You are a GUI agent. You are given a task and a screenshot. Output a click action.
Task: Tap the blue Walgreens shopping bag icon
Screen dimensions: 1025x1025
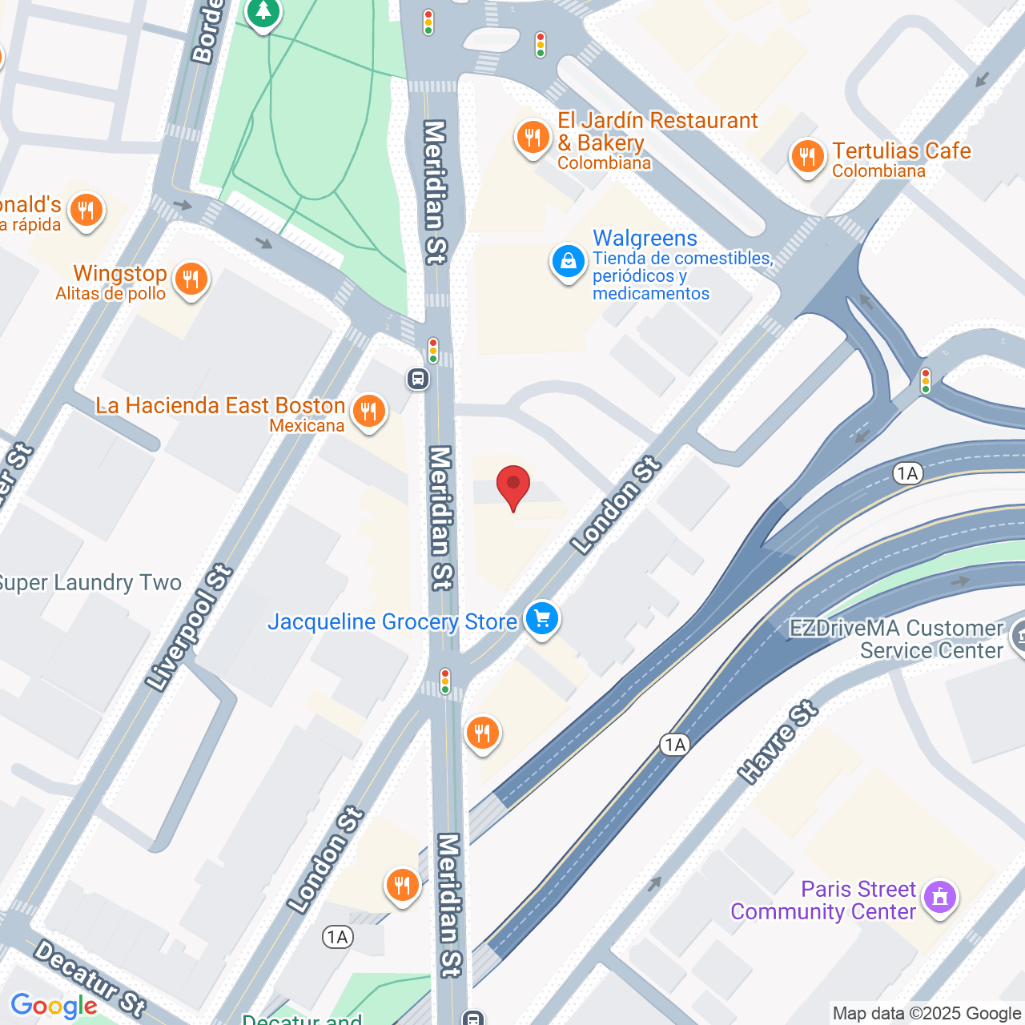pyautogui.click(x=569, y=262)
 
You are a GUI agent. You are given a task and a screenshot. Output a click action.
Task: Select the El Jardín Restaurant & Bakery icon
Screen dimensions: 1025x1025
pyautogui.click(x=533, y=138)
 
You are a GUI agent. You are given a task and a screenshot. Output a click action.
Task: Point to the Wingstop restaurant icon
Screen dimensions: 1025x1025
pyautogui.click(x=191, y=279)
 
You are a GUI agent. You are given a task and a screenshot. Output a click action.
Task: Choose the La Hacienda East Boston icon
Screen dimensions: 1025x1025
pyautogui.click(x=368, y=411)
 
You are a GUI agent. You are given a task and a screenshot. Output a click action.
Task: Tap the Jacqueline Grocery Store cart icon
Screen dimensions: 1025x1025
pyautogui.click(x=542, y=618)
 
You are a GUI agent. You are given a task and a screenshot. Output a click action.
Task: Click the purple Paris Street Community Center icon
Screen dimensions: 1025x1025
pyautogui.click(x=940, y=897)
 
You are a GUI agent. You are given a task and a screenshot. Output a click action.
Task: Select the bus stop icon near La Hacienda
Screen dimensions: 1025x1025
pyautogui.click(x=418, y=378)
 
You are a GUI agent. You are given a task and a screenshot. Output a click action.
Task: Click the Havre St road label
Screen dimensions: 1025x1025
pyautogui.click(x=778, y=742)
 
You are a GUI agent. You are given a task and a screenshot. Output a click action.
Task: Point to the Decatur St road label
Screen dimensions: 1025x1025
pyautogui.click(x=90, y=978)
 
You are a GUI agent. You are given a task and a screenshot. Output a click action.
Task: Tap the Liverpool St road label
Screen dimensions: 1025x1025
pyautogui.click(x=190, y=628)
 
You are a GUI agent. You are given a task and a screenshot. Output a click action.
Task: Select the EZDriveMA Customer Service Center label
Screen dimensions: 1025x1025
pyautogui.click(x=896, y=639)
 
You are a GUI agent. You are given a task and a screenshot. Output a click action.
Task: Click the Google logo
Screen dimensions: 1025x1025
pyautogui.click(x=54, y=1006)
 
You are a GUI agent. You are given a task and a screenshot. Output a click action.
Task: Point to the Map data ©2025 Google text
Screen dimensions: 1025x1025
pyautogui.click(x=927, y=1014)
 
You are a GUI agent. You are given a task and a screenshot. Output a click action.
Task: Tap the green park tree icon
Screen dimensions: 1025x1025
pyautogui.click(x=263, y=13)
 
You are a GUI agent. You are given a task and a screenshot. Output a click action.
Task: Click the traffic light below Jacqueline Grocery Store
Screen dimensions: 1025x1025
pyautogui.click(x=445, y=681)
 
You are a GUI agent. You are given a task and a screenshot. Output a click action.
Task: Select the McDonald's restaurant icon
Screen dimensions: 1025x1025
pyautogui.click(x=86, y=211)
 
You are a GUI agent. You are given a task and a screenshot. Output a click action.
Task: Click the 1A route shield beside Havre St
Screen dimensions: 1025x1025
pyautogui.click(x=675, y=746)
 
